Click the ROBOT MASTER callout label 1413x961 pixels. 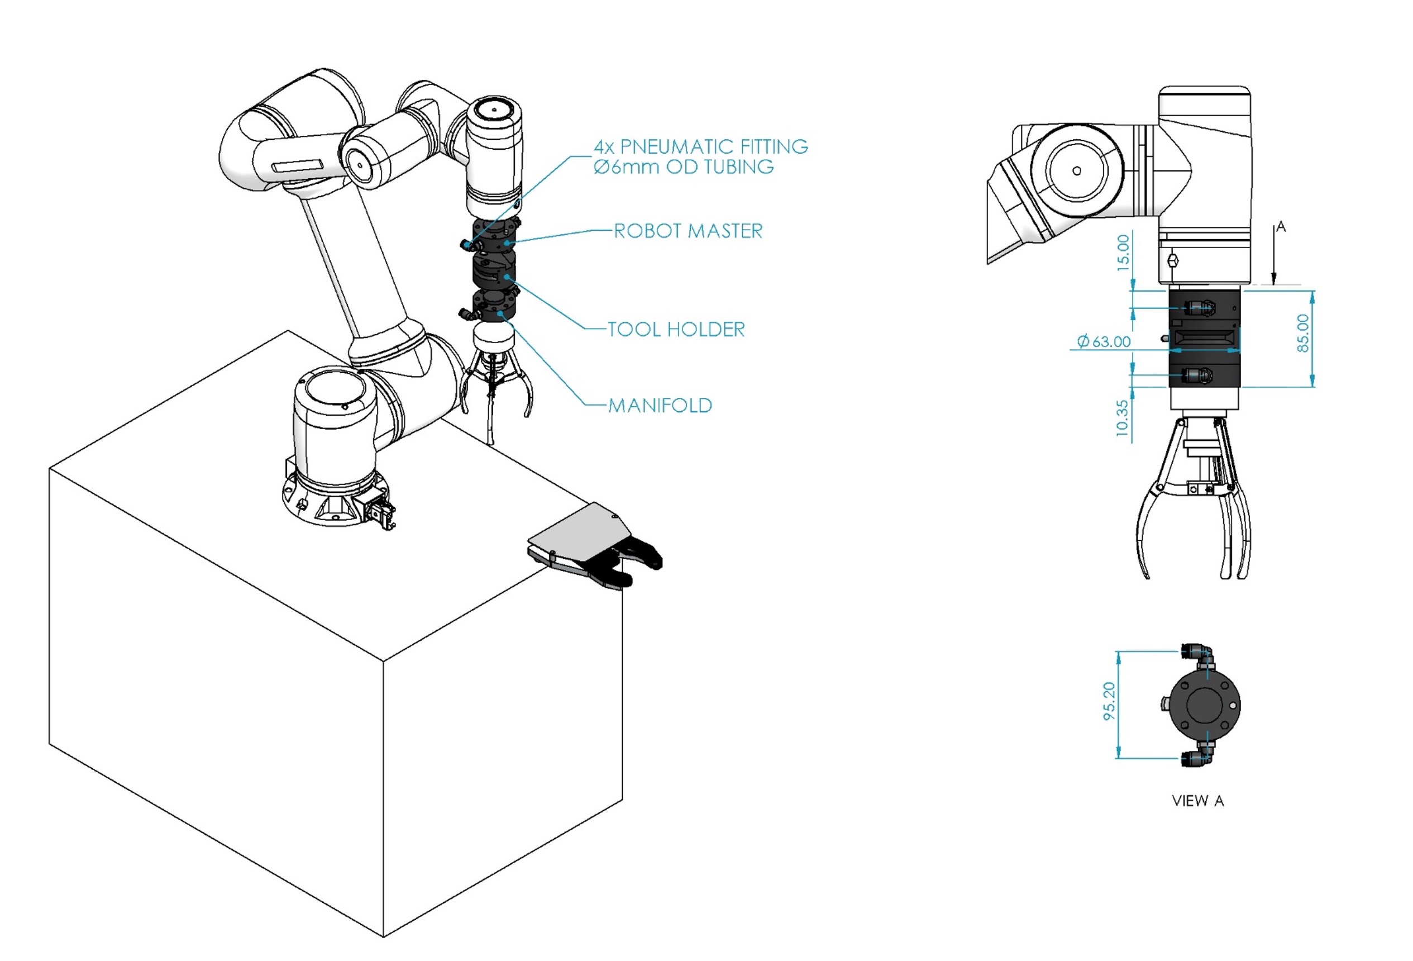point(688,231)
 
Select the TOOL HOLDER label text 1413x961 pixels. point(676,330)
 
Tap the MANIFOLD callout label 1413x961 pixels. point(660,406)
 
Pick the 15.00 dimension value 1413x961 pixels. point(1123,253)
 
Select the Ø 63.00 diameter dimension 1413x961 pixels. point(1104,342)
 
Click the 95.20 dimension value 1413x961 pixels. point(1110,701)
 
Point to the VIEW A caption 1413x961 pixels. point(1197,801)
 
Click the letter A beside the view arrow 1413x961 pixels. point(1281,227)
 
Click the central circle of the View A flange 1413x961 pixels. point(1205,706)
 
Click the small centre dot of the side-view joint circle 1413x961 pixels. point(1077,171)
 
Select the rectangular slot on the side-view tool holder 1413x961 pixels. point(1205,337)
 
